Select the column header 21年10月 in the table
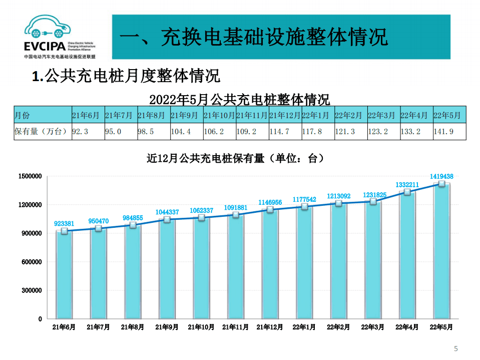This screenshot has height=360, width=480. pos(219,115)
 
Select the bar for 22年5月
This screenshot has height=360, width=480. pos(441,250)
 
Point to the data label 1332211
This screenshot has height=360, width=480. pos(407,185)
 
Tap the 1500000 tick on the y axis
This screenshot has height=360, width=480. pos(30,176)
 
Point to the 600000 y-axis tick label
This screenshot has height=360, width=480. pos(32,262)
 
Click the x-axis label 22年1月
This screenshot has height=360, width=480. pos(304,327)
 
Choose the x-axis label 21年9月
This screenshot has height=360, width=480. pos(167,327)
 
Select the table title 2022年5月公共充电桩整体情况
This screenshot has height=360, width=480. pos(240,99)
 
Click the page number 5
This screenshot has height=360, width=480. pos(455,348)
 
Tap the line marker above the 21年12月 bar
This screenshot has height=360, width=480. pos(270,209)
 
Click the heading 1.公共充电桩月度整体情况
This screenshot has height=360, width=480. pos(126,77)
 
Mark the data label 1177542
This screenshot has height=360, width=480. pos(304,199)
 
